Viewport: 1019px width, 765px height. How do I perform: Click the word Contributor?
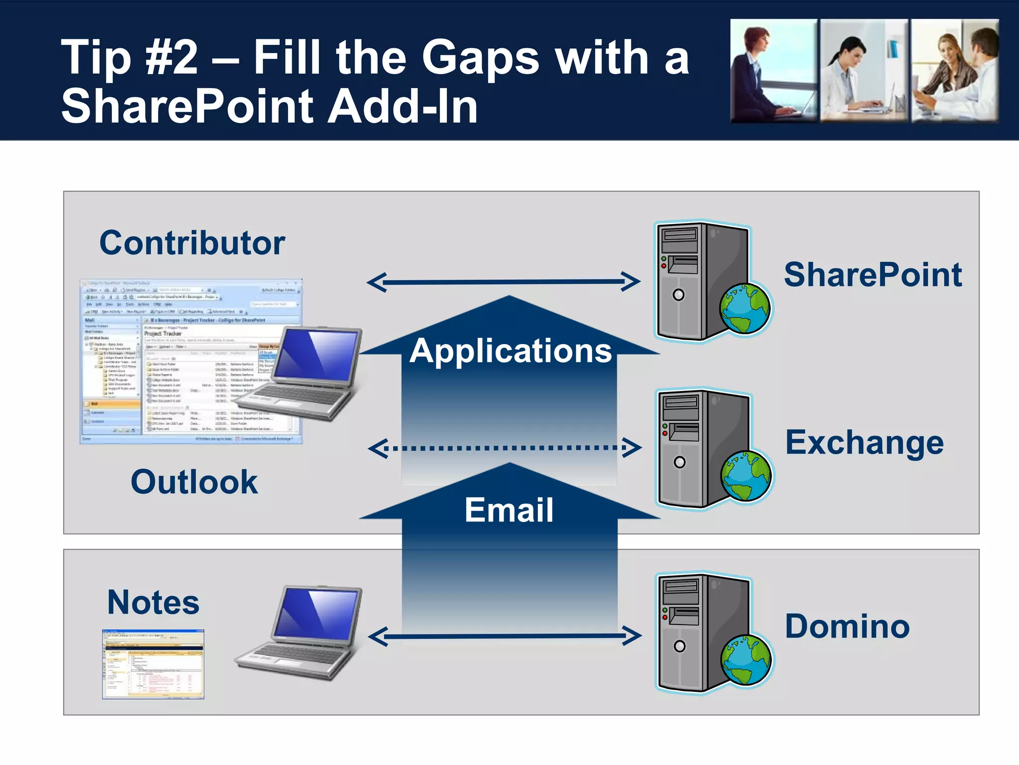(192, 243)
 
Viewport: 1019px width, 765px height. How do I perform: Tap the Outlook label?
(194, 482)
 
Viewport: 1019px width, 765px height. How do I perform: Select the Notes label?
(153, 602)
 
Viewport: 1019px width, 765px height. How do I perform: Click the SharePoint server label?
(873, 274)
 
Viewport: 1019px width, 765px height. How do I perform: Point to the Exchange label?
(864, 442)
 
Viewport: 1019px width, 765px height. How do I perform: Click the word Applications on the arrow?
(510, 351)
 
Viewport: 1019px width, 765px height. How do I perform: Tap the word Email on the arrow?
(509, 510)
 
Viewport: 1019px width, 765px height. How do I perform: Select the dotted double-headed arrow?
(505, 448)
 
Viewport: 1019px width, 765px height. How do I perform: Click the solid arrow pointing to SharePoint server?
(504, 282)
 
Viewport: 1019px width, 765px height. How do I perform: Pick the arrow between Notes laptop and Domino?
(505, 636)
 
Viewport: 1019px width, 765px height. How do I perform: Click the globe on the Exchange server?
(746, 476)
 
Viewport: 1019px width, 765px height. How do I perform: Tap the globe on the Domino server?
(746, 659)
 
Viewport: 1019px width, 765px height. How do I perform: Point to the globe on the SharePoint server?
(745, 308)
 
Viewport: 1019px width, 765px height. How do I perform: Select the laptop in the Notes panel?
(301, 633)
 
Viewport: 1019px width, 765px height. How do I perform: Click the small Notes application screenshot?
(153, 664)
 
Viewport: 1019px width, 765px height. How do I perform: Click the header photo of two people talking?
(954, 71)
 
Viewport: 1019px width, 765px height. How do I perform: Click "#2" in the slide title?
(171, 58)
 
